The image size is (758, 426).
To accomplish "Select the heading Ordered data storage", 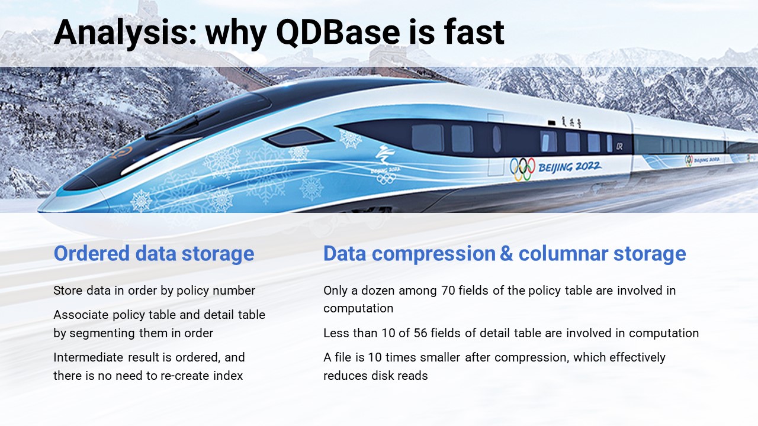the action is coord(154,254).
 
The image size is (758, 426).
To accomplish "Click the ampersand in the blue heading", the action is coord(506,254).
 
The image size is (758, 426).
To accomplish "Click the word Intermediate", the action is coord(88,357).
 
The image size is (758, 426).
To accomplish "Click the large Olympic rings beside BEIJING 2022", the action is coord(522,169).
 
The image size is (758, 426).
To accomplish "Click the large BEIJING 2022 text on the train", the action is coord(570,167).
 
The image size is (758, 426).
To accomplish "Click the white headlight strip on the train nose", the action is coord(159,156).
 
